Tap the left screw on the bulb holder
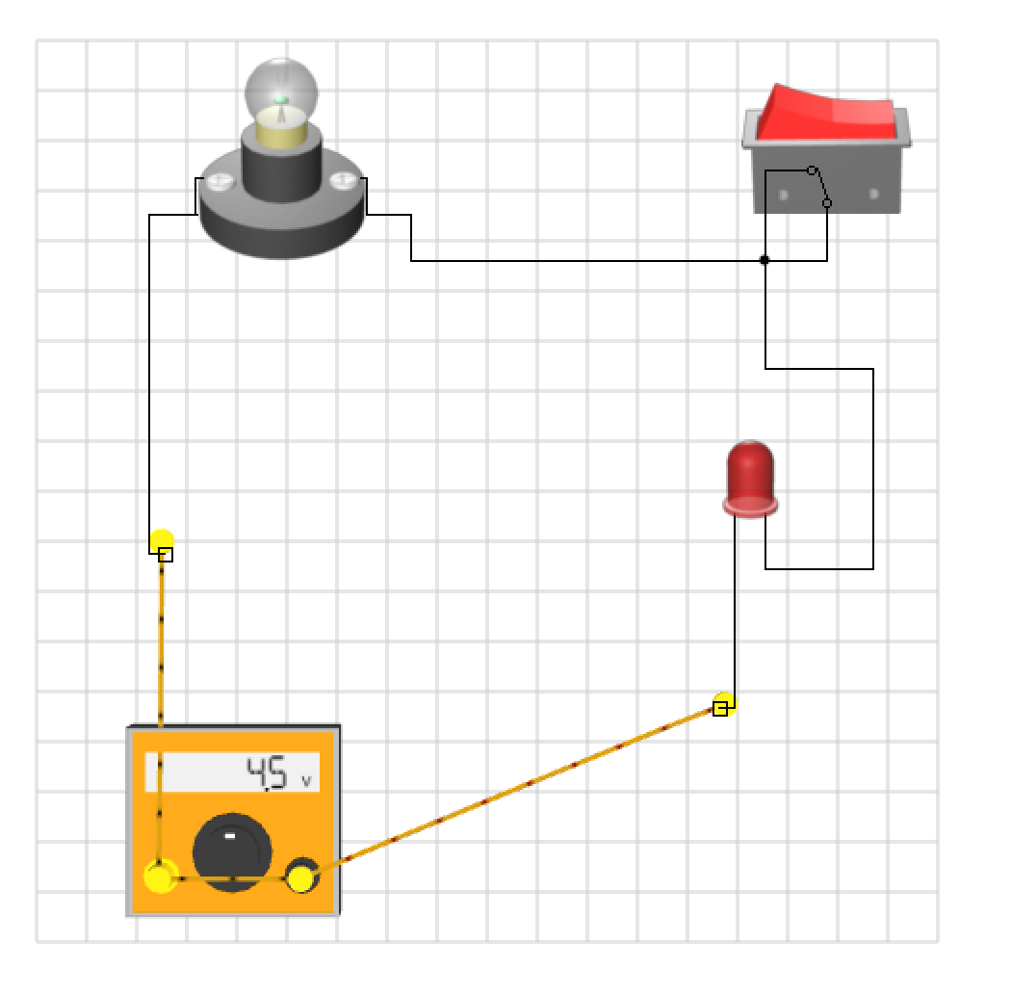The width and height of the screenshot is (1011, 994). [x=221, y=180]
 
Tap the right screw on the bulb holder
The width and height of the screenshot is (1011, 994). [x=342, y=180]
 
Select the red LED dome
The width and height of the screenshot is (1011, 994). [x=751, y=472]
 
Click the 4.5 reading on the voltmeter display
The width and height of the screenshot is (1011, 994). [x=267, y=773]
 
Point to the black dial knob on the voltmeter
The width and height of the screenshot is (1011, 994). [x=231, y=848]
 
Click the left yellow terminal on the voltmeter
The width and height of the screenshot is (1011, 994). [x=160, y=877]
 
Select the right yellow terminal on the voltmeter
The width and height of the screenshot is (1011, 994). [x=301, y=877]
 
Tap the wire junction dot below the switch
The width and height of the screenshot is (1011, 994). [x=765, y=260]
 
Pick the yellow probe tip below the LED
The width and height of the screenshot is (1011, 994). [x=724, y=704]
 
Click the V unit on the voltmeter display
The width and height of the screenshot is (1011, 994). [x=307, y=781]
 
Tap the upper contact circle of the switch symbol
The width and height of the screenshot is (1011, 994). [x=812, y=170]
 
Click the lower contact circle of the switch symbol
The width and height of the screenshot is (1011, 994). [x=827, y=203]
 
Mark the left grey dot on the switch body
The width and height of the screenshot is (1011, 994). [x=783, y=196]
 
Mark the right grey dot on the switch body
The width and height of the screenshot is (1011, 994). [x=873, y=195]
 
